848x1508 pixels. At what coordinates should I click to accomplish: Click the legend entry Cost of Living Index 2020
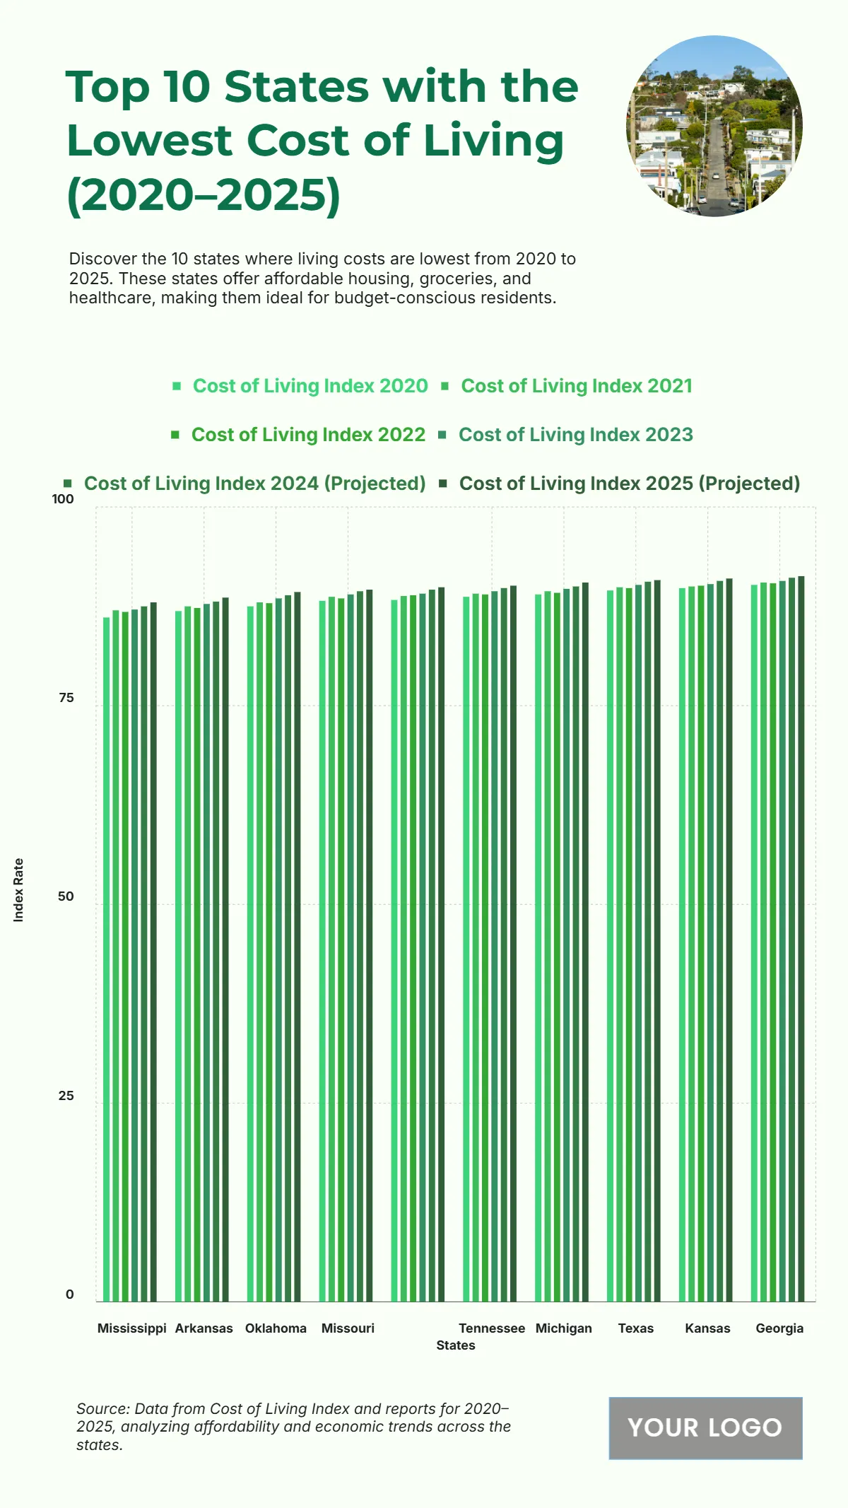coord(310,386)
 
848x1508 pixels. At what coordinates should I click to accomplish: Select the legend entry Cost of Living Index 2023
coord(575,435)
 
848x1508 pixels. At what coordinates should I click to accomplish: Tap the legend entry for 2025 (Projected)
coord(629,484)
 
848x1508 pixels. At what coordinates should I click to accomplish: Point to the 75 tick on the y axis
coord(66,698)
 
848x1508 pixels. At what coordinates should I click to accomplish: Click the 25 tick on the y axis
coord(66,1096)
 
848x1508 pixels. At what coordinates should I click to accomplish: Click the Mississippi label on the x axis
coord(131,1328)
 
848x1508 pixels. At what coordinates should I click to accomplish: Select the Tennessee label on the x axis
coord(492,1328)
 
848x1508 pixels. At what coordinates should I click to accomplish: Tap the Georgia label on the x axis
coord(779,1328)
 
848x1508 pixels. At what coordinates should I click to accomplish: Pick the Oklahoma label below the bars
coord(276,1328)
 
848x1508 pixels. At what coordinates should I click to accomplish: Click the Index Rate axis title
coord(19,890)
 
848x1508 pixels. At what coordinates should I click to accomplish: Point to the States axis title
coord(456,1345)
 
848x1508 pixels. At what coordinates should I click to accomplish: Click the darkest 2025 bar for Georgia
coord(801,940)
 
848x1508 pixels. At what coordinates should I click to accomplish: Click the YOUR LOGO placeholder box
coord(705,1427)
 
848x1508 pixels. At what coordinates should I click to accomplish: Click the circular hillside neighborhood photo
coord(714,127)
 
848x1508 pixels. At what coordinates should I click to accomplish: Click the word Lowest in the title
coord(149,141)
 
